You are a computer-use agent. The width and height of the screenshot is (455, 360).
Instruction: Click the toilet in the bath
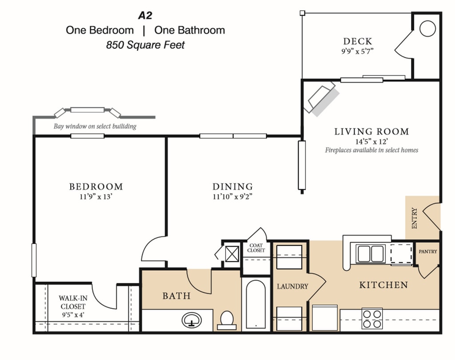click(227, 320)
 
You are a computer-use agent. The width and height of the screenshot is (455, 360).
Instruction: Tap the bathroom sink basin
click(192, 320)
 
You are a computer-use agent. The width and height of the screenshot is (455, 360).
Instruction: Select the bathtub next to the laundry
click(255, 304)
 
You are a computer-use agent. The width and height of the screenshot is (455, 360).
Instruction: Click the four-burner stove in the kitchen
click(372, 319)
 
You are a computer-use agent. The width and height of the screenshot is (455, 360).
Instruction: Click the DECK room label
click(358, 41)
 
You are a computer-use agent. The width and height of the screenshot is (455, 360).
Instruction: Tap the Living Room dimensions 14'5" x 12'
click(372, 142)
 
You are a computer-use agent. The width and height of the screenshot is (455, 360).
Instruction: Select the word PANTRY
click(428, 252)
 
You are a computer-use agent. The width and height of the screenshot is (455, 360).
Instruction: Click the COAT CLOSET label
click(256, 248)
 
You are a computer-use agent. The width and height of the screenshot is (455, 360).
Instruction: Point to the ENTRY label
click(415, 218)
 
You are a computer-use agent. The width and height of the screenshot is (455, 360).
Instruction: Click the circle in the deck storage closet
click(427, 28)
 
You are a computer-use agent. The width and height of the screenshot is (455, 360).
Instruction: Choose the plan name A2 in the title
click(145, 16)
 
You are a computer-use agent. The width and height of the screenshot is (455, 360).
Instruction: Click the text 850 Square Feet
click(145, 45)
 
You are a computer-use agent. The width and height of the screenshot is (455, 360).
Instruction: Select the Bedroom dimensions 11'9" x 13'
click(96, 197)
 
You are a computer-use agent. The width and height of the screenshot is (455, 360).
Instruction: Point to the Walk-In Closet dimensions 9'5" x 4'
click(73, 315)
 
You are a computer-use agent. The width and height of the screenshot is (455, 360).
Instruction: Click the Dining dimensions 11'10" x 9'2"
click(232, 197)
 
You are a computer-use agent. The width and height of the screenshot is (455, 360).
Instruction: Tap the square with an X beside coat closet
click(232, 253)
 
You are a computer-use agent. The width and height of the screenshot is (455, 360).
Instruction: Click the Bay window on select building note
click(95, 126)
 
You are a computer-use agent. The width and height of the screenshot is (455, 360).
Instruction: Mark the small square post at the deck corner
click(302, 13)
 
